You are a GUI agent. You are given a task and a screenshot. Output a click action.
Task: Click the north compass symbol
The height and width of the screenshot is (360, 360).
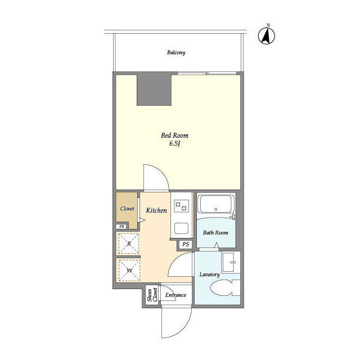tap(267, 35)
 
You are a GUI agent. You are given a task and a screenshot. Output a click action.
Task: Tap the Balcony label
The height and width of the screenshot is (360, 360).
tap(176, 52)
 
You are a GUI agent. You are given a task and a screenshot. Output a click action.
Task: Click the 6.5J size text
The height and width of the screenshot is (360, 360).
tap(174, 144)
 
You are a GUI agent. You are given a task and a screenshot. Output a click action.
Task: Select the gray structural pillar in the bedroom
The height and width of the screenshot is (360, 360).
tap(154, 90)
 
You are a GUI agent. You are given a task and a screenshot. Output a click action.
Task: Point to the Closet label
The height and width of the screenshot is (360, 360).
tap(127, 209)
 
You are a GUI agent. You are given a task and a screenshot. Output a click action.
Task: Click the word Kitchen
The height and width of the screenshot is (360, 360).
tap(156, 210)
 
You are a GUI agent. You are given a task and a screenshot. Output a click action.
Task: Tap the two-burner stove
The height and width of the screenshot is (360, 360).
tap(181, 206)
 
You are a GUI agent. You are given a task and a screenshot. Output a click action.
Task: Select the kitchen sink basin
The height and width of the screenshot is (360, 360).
tap(181, 228)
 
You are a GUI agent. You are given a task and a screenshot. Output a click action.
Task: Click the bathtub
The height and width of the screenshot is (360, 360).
tap(215, 204)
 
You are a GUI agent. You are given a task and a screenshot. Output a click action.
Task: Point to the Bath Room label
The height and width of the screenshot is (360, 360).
tap(215, 232)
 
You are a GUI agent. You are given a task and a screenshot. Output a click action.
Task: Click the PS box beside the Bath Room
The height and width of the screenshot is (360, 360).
tap(186, 244)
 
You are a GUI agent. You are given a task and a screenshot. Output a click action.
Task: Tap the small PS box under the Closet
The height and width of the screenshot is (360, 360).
tap(121, 227)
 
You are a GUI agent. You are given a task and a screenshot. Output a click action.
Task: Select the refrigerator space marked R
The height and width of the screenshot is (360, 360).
tap(129, 244)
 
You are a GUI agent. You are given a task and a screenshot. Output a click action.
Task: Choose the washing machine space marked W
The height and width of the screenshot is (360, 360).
tap(129, 270)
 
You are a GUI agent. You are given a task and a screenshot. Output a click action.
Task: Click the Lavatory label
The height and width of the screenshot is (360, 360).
tap(209, 274)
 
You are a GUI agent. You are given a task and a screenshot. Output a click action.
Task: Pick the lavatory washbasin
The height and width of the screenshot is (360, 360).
tap(231, 263)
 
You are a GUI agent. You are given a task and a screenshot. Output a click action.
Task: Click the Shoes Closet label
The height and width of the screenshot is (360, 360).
tap(152, 295)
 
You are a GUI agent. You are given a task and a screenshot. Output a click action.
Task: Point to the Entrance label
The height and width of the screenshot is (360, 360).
tap(175, 295)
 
